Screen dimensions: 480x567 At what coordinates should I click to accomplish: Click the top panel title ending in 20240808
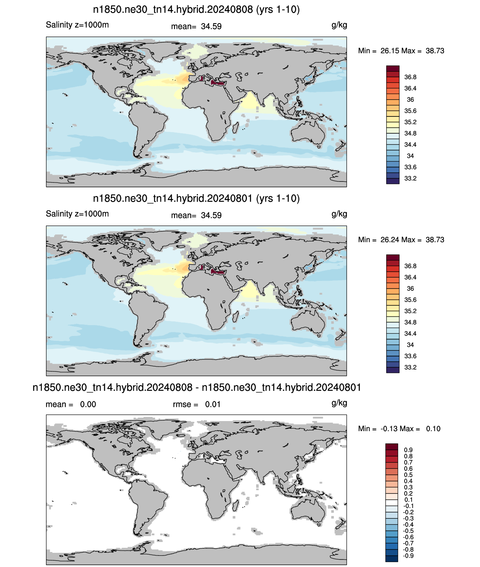(196, 10)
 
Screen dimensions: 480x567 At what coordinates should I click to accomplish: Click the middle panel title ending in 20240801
(196, 199)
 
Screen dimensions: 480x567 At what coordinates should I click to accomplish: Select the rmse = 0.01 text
(196, 404)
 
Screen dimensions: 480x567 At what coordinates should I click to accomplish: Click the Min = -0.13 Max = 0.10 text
(399, 429)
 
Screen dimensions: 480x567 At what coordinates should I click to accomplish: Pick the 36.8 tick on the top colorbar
(410, 77)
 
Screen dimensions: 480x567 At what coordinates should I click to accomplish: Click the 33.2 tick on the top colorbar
(410, 178)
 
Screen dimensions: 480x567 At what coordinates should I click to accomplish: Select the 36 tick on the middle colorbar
(410, 289)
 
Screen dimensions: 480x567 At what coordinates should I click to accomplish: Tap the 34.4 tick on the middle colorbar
(410, 334)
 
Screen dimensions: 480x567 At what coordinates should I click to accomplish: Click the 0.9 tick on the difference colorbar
(408, 450)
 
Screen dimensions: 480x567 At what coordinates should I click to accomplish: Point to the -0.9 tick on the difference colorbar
(408, 556)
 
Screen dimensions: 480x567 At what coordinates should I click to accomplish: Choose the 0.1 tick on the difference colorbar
(408, 500)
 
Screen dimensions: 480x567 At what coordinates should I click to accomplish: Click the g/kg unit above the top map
(339, 25)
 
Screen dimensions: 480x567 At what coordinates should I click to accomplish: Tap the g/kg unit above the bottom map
(339, 403)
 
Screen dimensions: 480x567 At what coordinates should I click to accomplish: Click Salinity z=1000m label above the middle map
(77, 214)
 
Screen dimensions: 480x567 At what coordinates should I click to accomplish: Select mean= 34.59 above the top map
(196, 27)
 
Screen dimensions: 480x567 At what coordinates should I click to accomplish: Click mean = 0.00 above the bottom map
(71, 404)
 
